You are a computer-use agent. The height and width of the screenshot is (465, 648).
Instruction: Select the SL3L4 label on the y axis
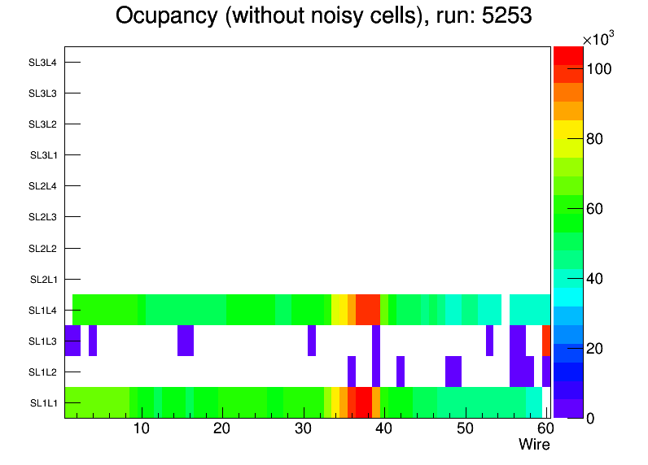click(x=42, y=63)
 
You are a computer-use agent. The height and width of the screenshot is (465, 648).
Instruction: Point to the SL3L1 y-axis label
click(x=42, y=155)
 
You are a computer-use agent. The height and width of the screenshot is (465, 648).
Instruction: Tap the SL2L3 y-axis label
click(x=42, y=217)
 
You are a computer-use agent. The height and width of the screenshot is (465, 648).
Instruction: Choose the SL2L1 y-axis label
click(x=42, y=280)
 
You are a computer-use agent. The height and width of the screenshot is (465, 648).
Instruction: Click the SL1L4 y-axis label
click(x=42, y=311)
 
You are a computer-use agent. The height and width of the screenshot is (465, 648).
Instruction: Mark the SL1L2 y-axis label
click(x=42, y=372)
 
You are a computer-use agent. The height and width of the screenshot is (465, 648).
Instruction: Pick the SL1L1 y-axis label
click(x=42, y=403)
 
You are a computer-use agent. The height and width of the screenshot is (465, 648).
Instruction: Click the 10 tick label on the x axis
click(x=142, y=428)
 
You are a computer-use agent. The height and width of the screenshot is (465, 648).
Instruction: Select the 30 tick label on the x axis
click(x=303, y=428)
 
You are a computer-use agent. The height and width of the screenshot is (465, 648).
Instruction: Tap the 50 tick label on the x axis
click(x=465, y=428)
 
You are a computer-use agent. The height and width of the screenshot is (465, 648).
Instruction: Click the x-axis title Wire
click(x=534, y=445)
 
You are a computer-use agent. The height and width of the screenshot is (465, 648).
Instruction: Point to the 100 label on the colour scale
click(x=599, y=70)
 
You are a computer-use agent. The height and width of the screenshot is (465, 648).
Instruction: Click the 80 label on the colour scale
click(x=595, y=139)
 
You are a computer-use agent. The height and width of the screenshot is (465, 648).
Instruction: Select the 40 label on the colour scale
click(x=595, y=279)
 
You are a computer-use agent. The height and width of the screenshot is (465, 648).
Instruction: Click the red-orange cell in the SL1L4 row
click(x=368, y=310)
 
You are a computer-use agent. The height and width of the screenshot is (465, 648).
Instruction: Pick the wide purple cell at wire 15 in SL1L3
click(x=186, y=341)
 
